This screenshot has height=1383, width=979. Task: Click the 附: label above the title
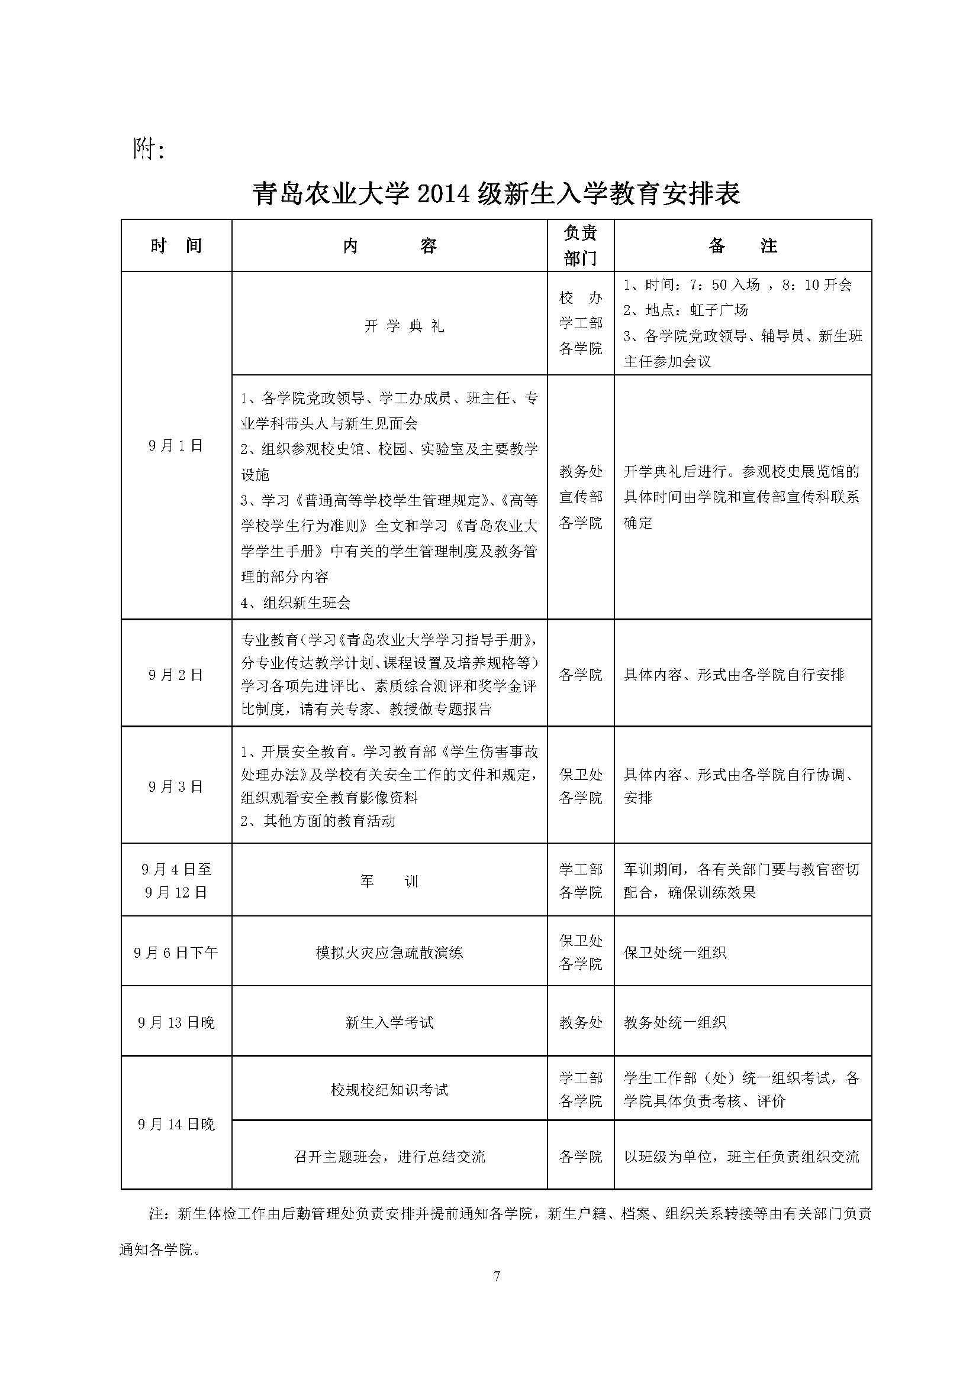tap(149, 148)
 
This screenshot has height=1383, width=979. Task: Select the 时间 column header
tap(176, 246)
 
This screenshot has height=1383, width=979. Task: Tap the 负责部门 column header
tap(580, 246)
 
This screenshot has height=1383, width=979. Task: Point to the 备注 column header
tap(742, 246)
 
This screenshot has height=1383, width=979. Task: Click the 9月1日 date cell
tap(176, 446)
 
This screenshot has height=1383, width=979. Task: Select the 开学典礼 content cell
tap(404, 326)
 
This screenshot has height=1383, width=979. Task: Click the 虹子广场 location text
tap(719, 310)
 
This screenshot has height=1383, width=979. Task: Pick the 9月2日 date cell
tap(176, 675)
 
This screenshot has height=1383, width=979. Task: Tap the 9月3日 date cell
tap(176, 786)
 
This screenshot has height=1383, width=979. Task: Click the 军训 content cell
tap(389, 881)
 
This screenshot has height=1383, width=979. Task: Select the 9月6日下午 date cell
tap(176, 953)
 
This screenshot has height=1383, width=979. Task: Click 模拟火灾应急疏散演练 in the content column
tap(389, 953)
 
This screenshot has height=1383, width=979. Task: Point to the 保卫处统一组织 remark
tap(675, 953)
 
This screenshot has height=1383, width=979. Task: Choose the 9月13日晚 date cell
tap(176, 1022)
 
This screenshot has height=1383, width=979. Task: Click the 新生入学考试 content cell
tap(389, 1022)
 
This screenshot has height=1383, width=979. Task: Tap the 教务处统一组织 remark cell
tap(675, 1022)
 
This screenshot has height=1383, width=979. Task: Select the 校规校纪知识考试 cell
tap(389, 1090)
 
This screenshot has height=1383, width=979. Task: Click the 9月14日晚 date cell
tap(176, 1125)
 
